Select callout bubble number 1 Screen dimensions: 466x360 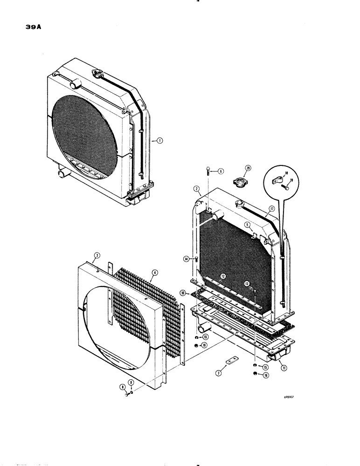click(x=160, y=140)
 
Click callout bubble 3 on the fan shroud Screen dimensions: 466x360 click(x=96, y=255)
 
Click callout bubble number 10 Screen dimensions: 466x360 click(x=184, y=293)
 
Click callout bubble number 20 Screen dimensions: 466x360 click(x=248, y=168)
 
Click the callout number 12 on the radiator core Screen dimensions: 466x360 click(x=223, y=276)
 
